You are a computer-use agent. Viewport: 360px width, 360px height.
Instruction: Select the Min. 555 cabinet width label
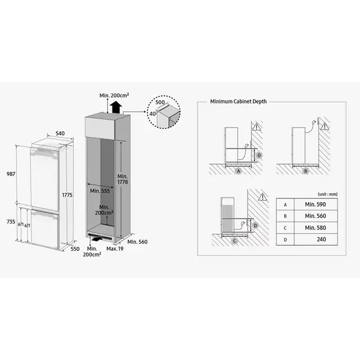[100, 189]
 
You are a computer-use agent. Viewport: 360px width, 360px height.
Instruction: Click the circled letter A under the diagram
[239, 171]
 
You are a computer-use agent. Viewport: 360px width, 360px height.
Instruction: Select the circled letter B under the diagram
[306, 171]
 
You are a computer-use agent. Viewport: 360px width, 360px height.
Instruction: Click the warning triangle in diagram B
[328, 126]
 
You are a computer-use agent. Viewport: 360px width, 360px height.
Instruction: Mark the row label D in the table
[286, 239]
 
